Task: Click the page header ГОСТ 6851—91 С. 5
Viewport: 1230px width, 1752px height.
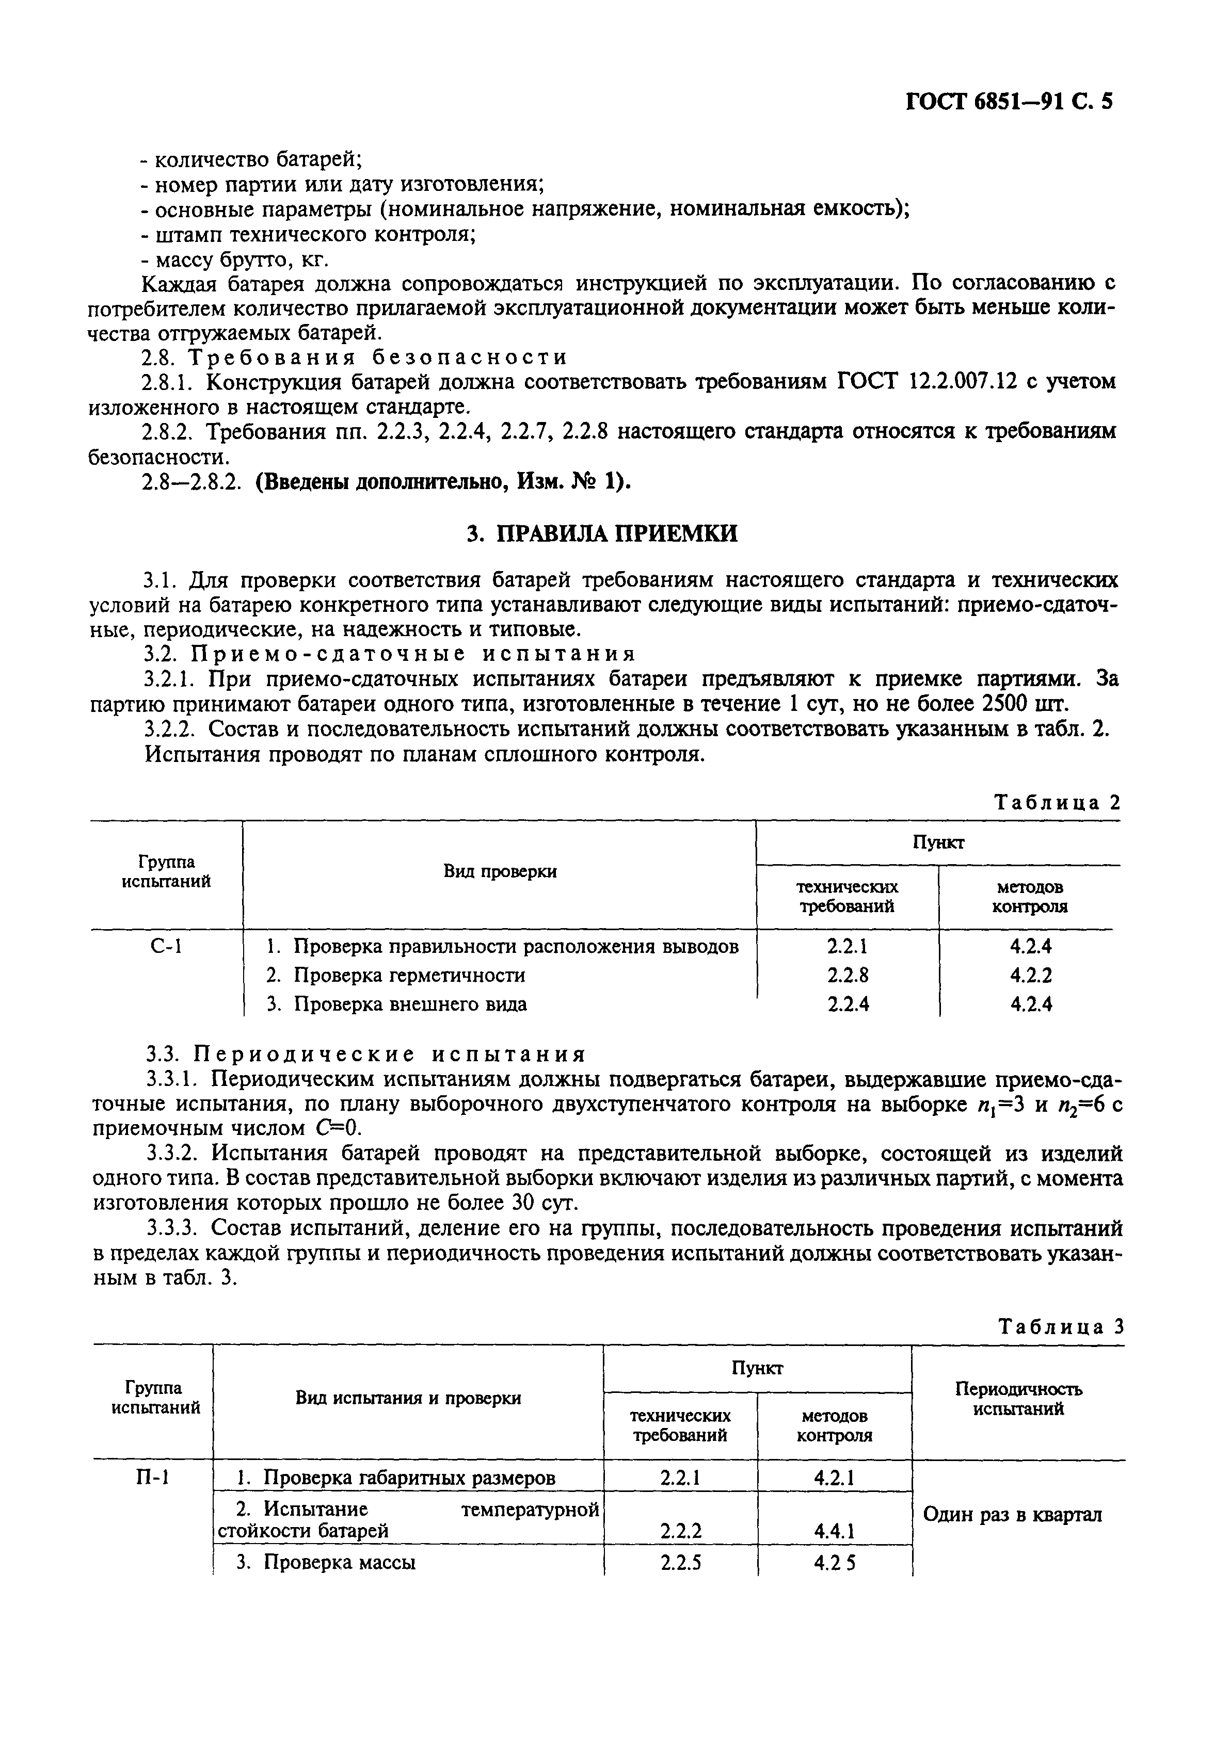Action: (1008, 102)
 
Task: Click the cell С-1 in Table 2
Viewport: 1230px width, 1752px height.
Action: (166, 947)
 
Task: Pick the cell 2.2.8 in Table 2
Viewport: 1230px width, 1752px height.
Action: (848, 975)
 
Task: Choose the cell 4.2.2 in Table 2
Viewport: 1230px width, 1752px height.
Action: (1031, 975)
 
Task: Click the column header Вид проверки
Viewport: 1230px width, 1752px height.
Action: (500, 871)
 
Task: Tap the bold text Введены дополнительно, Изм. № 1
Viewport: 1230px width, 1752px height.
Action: (441, 482)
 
